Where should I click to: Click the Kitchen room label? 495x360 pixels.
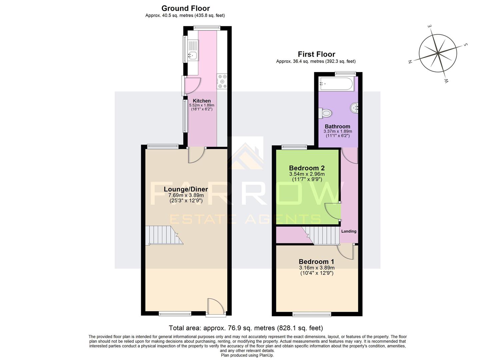coord(202,101)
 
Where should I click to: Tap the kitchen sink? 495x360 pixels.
coord(192,55)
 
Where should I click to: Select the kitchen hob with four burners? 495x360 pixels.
coord(222,81)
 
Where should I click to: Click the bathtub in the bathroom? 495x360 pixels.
coord(336,84)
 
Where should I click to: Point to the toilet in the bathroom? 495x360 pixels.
coord(325,113)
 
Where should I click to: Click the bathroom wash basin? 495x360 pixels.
coord(354,108)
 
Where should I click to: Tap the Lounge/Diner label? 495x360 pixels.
coord(186,189)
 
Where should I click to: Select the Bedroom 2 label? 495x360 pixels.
coord(307,168)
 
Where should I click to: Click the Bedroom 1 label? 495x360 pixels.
coord(316,262)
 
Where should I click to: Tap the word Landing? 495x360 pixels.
coord(349,231)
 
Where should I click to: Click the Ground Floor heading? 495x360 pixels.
coord(185,8)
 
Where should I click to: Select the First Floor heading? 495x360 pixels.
coord(316,54)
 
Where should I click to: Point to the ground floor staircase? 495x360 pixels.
coord(163,235)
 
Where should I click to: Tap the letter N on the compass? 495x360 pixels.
coord(410,61)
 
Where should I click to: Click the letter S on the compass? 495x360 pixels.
coord(466,45)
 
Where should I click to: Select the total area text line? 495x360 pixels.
coord(246,328)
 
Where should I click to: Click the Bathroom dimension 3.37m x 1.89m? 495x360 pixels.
coord(338,131)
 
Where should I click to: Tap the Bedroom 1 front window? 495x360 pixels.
coord(312,314)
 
